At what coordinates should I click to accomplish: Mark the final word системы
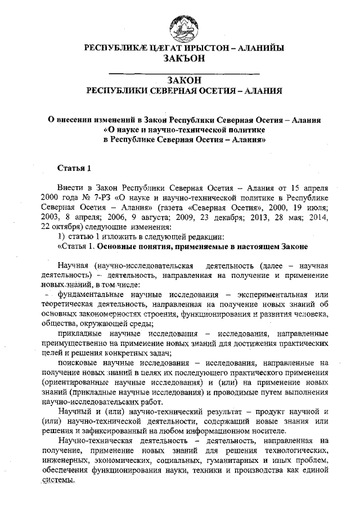(x=57, y=480)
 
